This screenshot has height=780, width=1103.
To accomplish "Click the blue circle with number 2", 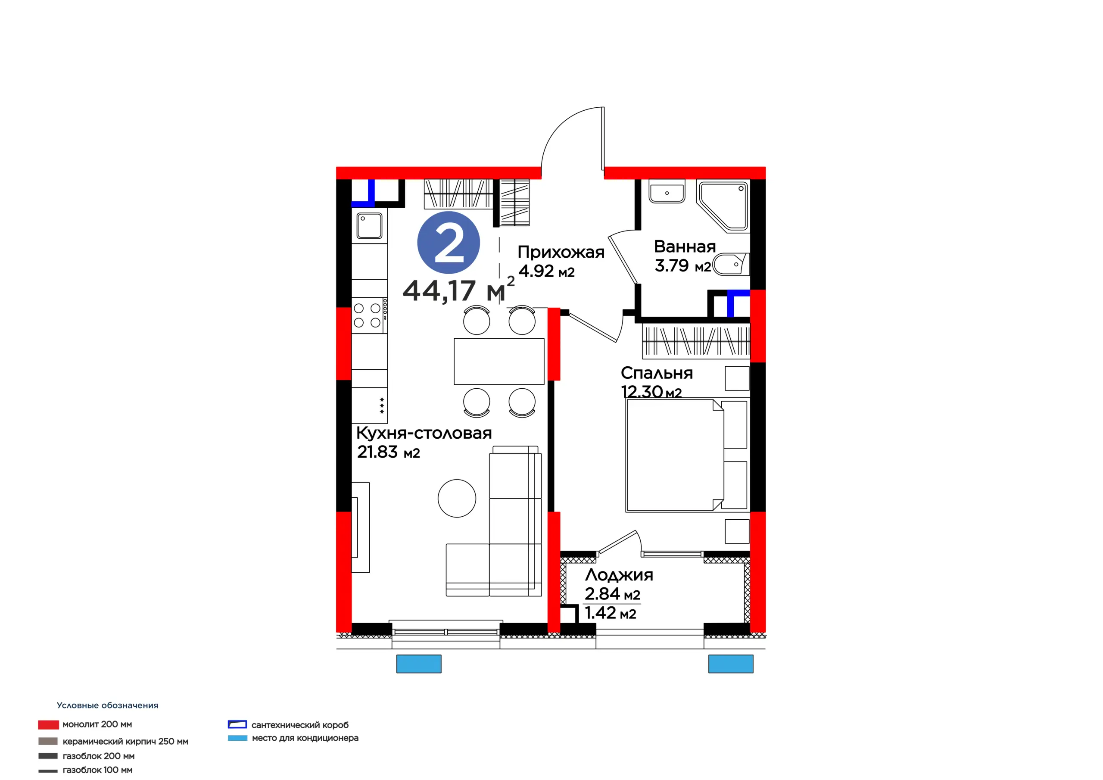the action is coord(448,243).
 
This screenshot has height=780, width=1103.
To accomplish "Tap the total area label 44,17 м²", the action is coord(459,289).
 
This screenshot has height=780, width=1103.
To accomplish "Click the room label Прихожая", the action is coord(561,252).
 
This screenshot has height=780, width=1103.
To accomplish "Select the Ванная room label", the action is coord(685,246).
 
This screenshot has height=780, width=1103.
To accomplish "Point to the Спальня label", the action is coord(657,373).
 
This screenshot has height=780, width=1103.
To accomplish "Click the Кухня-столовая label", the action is coord(424,433).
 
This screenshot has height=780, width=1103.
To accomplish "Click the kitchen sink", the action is coord(369,225).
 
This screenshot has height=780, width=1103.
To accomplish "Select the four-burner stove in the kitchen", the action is coord(369,315).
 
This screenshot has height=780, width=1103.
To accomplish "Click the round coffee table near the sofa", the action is coord(457,498).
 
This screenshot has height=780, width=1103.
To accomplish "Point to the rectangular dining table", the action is coord(499,362).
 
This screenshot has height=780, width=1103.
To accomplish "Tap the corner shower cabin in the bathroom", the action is coord(723,206).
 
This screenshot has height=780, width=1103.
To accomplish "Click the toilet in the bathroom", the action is coord(731,264).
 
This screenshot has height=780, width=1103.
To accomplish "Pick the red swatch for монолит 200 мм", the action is coord(49,725).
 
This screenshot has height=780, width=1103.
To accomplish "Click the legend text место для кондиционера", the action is coord(305,738).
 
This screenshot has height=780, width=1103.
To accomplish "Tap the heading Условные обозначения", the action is coord(108,705).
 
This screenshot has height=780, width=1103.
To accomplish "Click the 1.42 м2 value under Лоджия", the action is coord(611,613).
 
